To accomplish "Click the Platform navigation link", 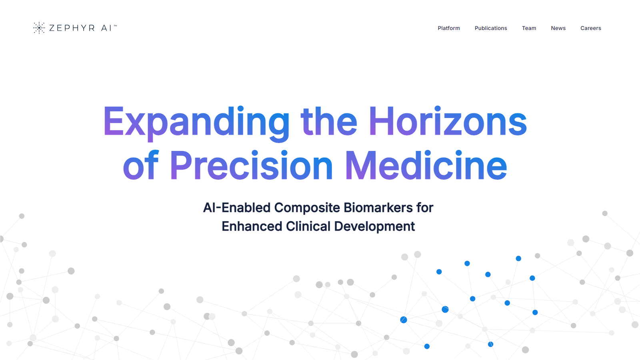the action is coord(448,28).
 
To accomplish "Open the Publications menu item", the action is coord(491,28).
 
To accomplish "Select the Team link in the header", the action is coord(529,28).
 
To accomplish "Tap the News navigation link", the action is coord(558,28).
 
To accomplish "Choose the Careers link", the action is coord(590,28).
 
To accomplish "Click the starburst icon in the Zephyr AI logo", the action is coord(39,28).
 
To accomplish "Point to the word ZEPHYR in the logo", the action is coord(72,28).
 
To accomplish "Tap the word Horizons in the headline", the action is coord(448,121).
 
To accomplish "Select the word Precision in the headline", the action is coord(252,165).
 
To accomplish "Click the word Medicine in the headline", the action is coord(426,165).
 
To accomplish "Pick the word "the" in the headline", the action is coord(329,121).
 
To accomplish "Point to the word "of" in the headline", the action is coord(140,165).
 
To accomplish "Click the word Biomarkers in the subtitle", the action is coord(378,208).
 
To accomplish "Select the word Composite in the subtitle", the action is coord(307,208).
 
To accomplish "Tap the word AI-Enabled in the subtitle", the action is coord(236,208).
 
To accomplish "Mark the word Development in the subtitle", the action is coord(374,227).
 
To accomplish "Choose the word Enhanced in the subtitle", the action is coord(252,226).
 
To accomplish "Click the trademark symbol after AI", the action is coord(116,26).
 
